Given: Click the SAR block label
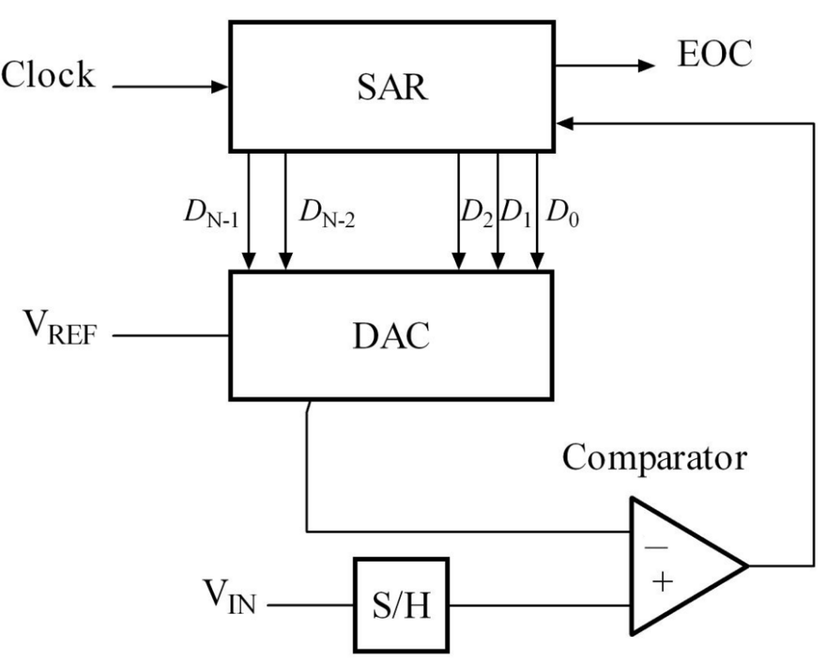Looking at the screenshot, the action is tap(392, 87).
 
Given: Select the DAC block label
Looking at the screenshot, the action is tap(391, 336).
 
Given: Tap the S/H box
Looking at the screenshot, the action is tap(401, 604).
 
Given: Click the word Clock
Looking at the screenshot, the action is tap(48, 74).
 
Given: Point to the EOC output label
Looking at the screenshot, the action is tap(715, 53).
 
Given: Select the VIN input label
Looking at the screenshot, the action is tap(230, 597).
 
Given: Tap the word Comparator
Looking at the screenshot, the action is tap(655, 458).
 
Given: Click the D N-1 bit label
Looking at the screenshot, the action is tap(211, 214).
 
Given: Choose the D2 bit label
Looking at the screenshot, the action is tap(477, 214).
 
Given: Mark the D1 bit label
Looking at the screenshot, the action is tap(516, 214).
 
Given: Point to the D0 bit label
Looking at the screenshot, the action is tap(563, 214).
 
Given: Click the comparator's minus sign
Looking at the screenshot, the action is tap(656, 548).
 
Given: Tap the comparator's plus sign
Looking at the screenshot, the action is tap(663, 581).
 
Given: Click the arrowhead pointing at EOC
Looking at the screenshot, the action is tap(647, 66).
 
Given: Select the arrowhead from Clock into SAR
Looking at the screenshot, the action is tap(220, 87).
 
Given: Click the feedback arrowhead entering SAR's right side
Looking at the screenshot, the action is tap(565, 124).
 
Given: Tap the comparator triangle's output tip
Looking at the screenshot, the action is tap(747, 566).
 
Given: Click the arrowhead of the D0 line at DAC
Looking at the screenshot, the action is tap(537, 261).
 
